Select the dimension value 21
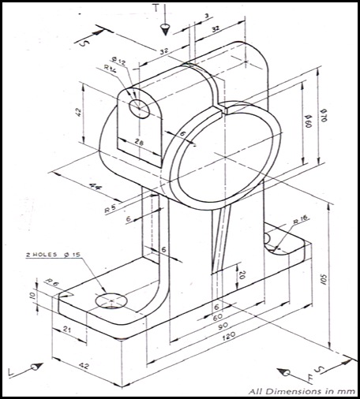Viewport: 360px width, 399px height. click(67, 330)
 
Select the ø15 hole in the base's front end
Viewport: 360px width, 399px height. click(111, 301)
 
